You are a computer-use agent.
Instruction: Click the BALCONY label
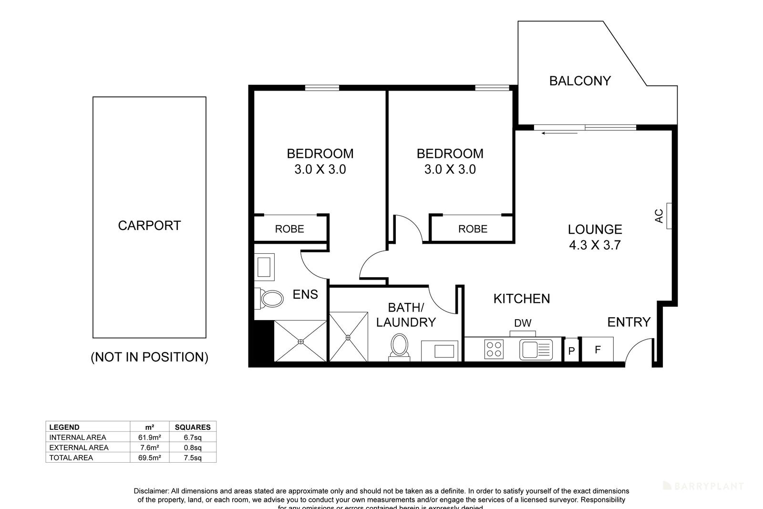click(x=580, y=81)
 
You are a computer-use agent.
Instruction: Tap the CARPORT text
click(x=149, y=225)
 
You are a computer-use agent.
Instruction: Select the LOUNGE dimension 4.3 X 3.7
click(x=595, y=245)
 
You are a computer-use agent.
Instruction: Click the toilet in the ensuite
click(x=269, y=299)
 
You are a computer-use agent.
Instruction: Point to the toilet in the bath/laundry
click(x=399, y=344)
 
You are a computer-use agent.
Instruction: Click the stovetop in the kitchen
click(x=494, y=349)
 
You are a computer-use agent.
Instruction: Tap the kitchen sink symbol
click(x=536, y=349)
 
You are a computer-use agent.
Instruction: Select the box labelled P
click(x=571, y=351)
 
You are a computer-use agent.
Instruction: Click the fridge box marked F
click(x=597, y=350)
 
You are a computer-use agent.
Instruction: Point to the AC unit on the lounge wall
click(x=669, y=216)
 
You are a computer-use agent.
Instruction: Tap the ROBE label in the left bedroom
click(x=289, y=229)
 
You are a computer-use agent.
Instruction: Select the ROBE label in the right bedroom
click(x=473, y=229)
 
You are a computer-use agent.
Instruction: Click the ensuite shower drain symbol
click(x=301, y=341)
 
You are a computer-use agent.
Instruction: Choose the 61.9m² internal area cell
click(x=149, y=437)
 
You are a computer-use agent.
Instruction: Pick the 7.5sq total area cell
click(x=193, y=457)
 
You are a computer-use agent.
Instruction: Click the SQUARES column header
click(x=193, y=427)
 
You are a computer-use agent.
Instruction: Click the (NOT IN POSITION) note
click(x=149, y=357)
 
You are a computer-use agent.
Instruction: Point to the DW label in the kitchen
click(x=523, y=323)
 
